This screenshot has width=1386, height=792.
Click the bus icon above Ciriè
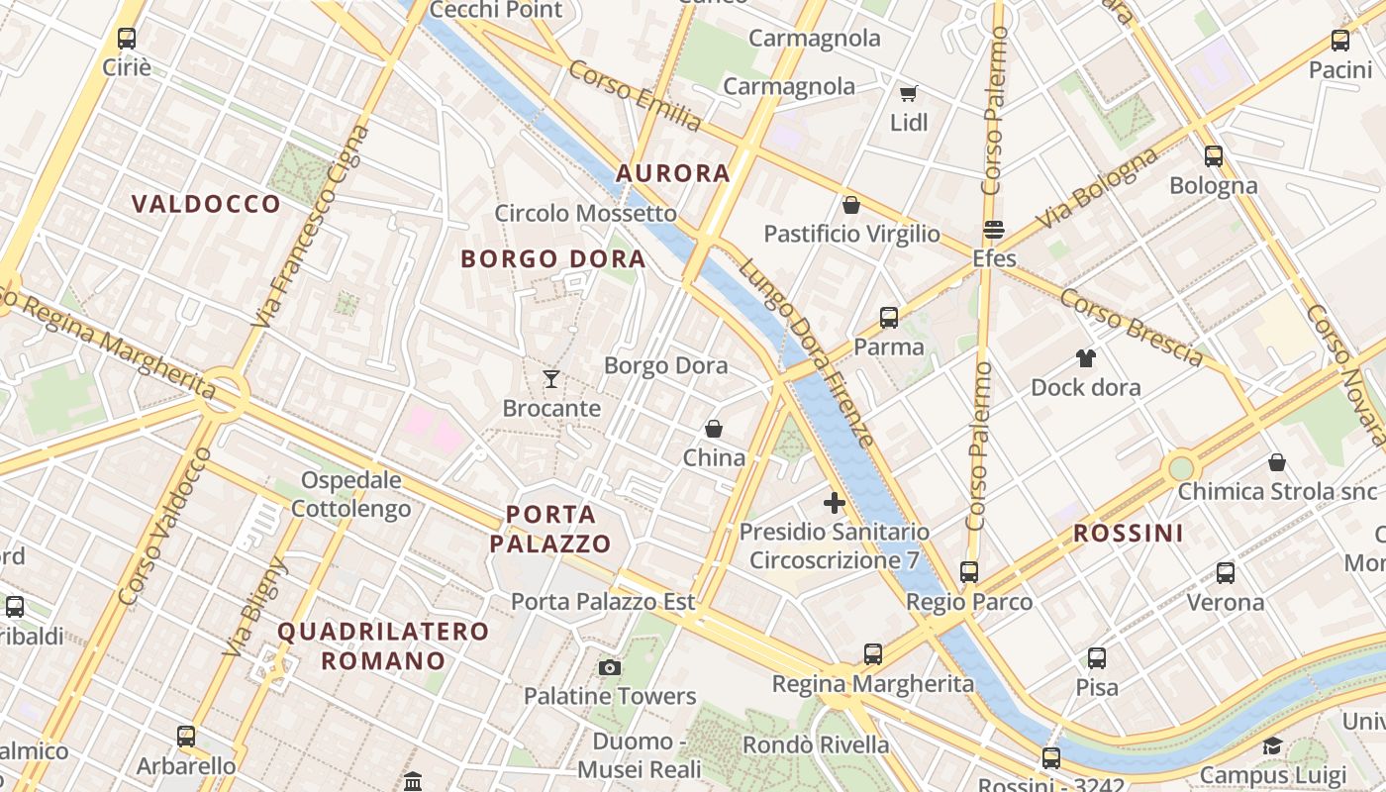127,39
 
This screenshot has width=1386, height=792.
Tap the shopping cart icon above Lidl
909,93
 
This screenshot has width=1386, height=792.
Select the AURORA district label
673,173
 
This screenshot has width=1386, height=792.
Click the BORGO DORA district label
553,259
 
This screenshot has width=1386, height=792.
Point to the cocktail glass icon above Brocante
551,378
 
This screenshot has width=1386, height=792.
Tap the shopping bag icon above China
713,429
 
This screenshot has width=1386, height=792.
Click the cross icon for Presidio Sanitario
835,503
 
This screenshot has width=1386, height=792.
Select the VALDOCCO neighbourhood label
207,204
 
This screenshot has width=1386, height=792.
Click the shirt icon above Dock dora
1086,357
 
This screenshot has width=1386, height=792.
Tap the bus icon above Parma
889,318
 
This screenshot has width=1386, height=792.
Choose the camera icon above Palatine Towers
610,667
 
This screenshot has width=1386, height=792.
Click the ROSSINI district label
1129,534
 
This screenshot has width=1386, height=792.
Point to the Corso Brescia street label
1131,327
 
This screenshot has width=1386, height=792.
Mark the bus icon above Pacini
1340,41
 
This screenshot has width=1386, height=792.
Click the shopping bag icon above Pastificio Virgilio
850,205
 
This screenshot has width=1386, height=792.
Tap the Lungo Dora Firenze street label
805,352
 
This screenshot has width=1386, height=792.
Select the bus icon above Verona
1226,573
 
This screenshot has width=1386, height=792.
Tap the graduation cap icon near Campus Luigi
1272,745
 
